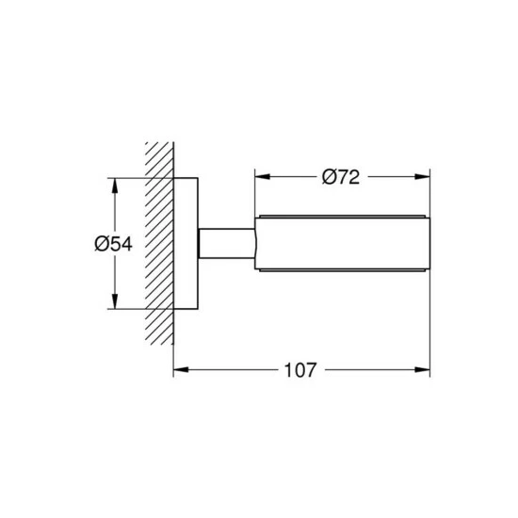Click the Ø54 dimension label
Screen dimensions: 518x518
(113, 244)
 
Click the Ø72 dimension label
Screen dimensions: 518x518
(341, 177)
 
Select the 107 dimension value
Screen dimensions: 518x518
(300, 370)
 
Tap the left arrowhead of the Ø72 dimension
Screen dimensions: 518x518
(263, 177)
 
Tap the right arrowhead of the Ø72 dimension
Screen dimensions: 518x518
(422, 177)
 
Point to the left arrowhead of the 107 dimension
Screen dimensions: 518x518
(181, 369)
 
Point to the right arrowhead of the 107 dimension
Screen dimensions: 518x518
(422, 369)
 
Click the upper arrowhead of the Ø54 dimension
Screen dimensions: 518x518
(115, 186)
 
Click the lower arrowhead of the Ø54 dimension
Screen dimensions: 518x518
(115, 301)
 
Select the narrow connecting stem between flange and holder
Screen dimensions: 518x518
(227, 243)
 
